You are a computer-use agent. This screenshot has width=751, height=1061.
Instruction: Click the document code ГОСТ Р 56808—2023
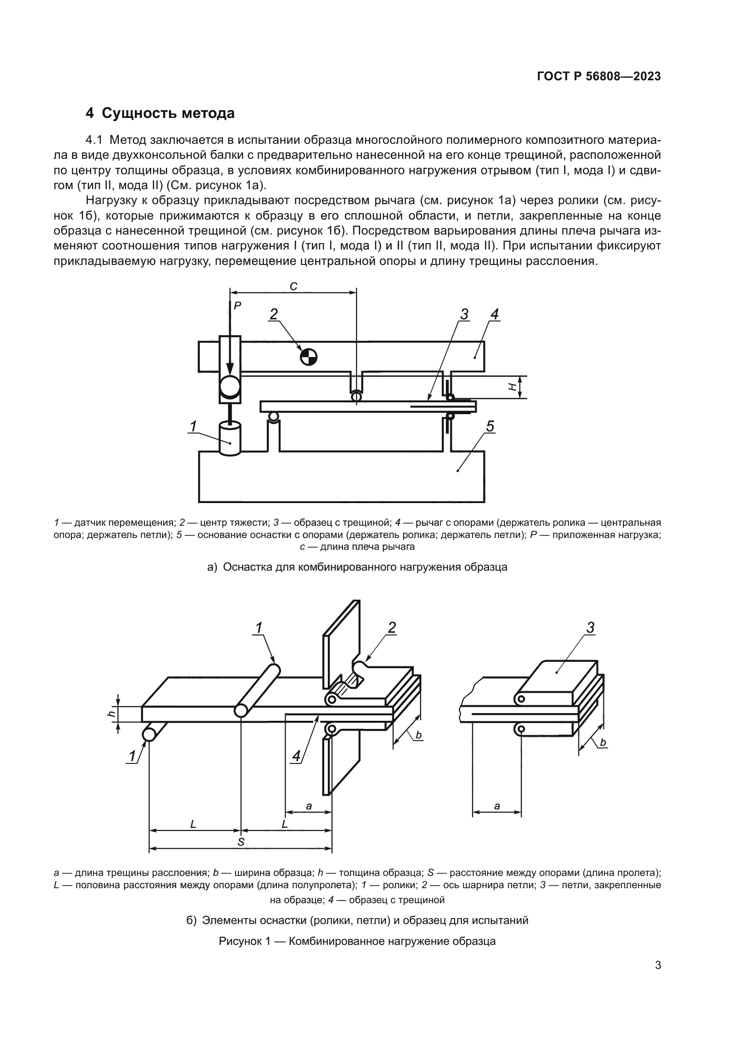point(598,77)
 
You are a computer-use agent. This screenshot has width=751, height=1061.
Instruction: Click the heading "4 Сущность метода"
point(160,113)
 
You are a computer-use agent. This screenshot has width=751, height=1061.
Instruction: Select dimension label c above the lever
point(293,287)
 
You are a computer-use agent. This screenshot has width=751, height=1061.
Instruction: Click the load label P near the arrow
point(237,305)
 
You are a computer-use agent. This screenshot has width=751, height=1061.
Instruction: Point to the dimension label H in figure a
point(513,387)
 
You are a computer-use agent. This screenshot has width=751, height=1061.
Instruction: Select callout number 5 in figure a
point(490,426)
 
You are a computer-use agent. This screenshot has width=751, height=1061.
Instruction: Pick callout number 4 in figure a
point(494,314)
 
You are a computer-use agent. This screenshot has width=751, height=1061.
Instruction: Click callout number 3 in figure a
point(464,314)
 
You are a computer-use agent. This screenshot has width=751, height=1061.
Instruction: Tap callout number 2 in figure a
point(274,314)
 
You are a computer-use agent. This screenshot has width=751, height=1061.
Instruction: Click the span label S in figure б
point(241,842)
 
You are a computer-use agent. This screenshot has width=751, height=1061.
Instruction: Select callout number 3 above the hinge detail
point(590,628)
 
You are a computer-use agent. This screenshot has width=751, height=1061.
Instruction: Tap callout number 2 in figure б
point(392,627)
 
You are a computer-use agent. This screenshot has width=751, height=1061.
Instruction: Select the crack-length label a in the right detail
point(497,807)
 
